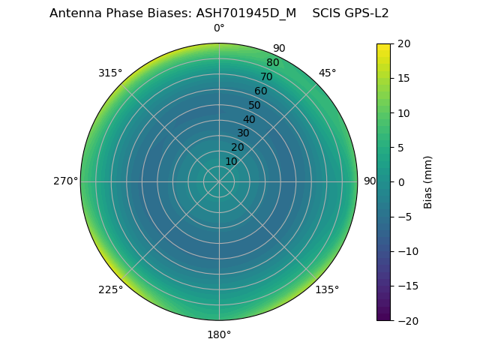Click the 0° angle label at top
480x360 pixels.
tap(219, 28)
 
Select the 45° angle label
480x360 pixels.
tap(328, 73)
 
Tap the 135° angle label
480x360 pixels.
tap(327, 289)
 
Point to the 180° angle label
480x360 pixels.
tap(219, 334)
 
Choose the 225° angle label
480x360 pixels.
tap(110, 289)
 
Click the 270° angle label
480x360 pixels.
tap(65, 181)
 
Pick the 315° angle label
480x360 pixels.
tap(110, 73)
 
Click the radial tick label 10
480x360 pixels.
tap(231, 161)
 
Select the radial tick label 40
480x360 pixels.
tap(249, 119)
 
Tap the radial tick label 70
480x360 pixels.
tap(266, 76)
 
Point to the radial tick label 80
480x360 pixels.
tap(272, 62)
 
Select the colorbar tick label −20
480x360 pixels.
tap(406, 320)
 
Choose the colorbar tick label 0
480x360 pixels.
tap(400, 181)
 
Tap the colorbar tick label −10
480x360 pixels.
tap(406, 251)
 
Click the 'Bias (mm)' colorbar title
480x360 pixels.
tap(428, 181)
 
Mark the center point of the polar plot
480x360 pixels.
tap(219, 181)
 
